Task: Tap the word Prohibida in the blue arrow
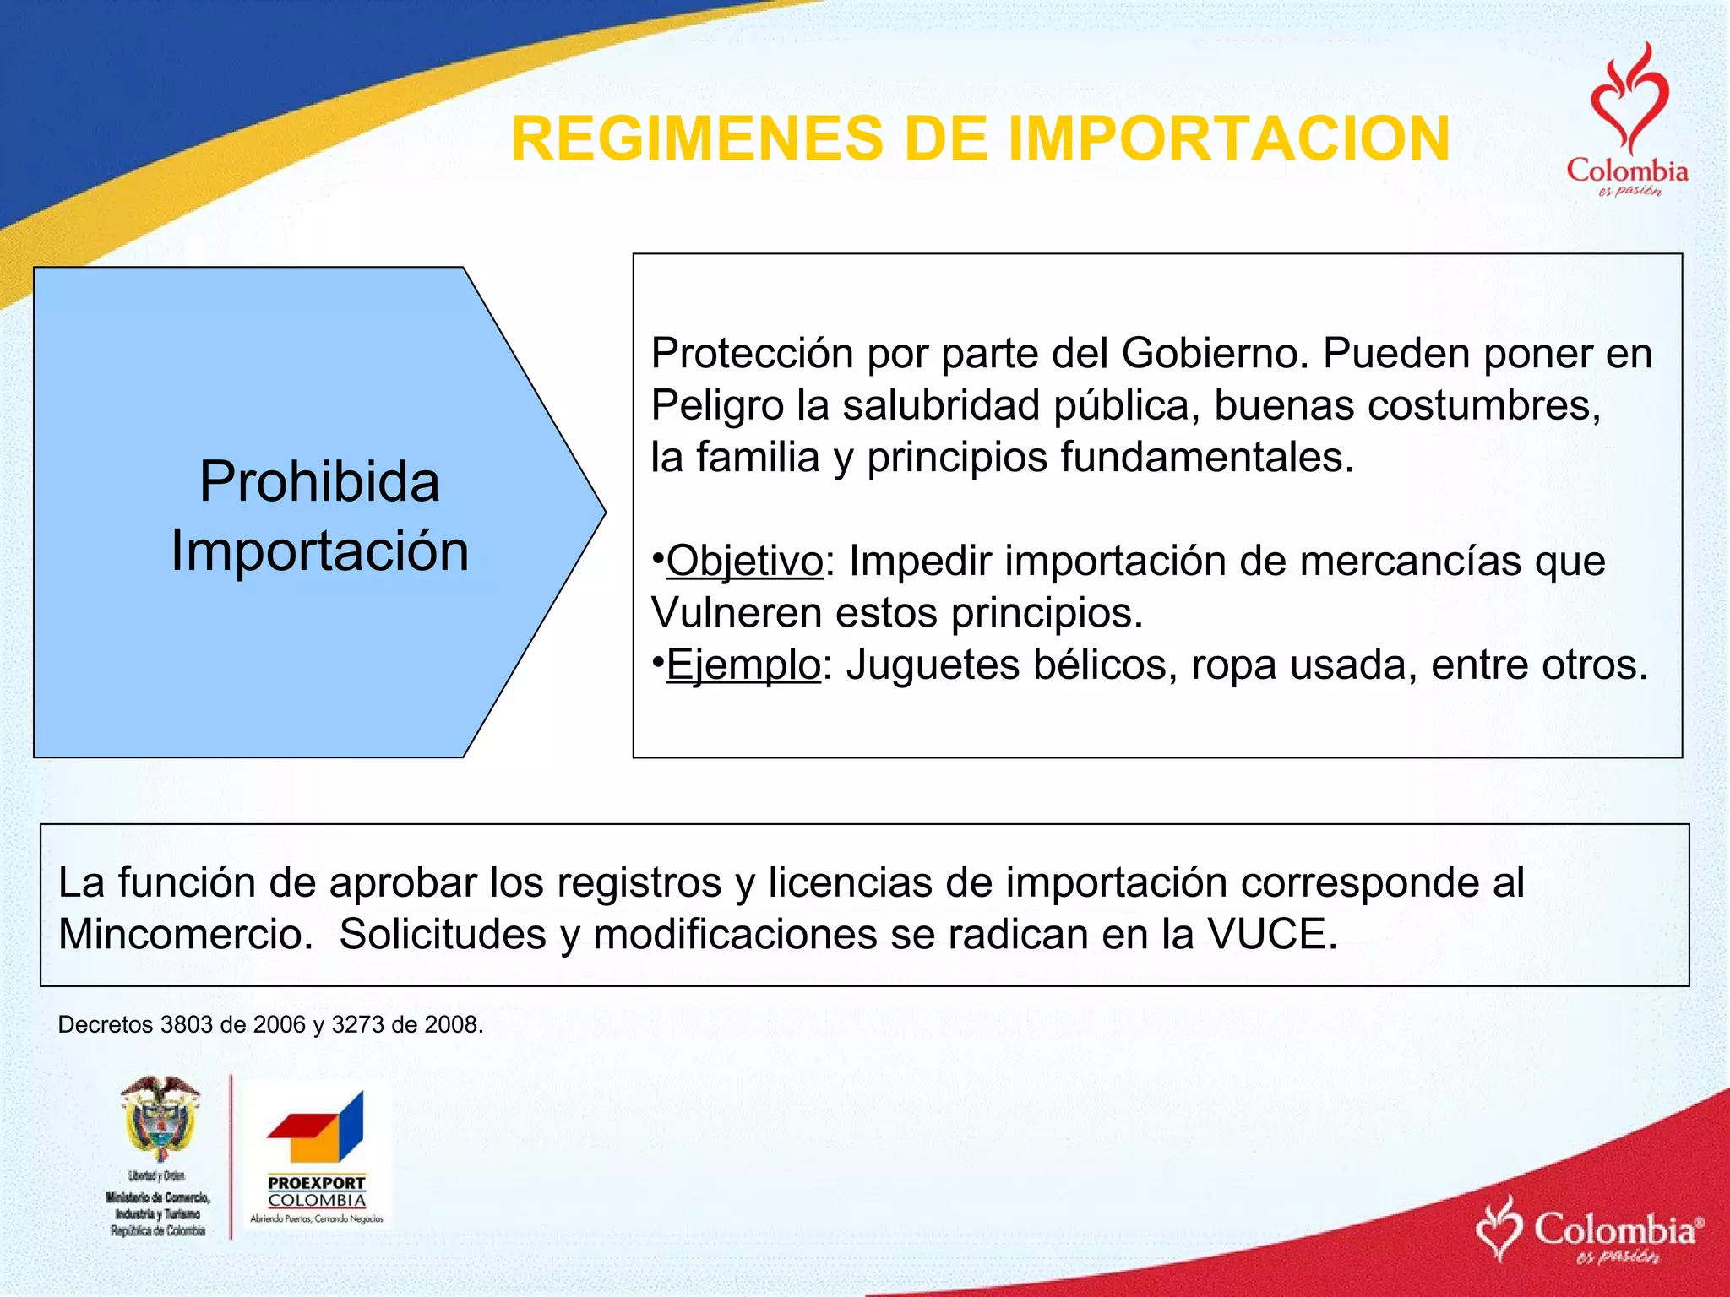pos(319,482)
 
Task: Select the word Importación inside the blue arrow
pos(319,551)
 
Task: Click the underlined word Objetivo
pos(744,561)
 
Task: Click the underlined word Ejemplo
pos(743,665)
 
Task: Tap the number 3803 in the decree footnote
pos(186,1025)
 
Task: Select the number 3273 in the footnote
pos(358,1025)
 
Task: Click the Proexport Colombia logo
pos(317,1157)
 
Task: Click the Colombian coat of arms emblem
pos(160,1119)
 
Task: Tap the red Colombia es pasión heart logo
pos(1627,118)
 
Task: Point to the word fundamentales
pos(1207,458)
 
